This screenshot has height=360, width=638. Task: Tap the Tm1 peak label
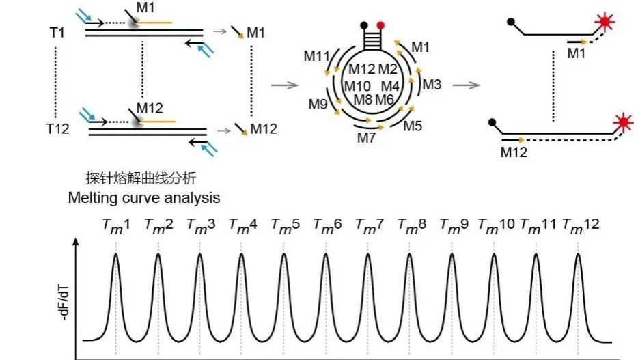click(115, 225)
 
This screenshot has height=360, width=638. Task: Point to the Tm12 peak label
click(581, 225)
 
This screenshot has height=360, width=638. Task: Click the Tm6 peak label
click(327, 225)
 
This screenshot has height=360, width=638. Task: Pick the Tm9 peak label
click(454, 225)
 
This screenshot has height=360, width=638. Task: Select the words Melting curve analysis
click(144, 198)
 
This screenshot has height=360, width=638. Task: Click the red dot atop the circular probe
click(380, 25)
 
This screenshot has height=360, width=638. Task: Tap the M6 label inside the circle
click(385, 99)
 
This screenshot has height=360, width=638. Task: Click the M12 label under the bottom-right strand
click(514, 152)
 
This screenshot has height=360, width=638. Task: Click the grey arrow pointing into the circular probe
click(286, 85)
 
